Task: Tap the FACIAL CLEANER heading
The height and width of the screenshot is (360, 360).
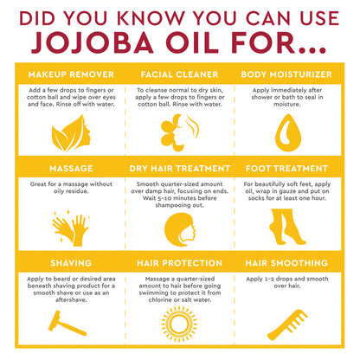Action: tap(179, 74)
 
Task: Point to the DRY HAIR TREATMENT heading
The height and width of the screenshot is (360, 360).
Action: tap(179, 169)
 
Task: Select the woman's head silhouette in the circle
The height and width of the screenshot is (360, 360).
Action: tap(179, 227)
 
